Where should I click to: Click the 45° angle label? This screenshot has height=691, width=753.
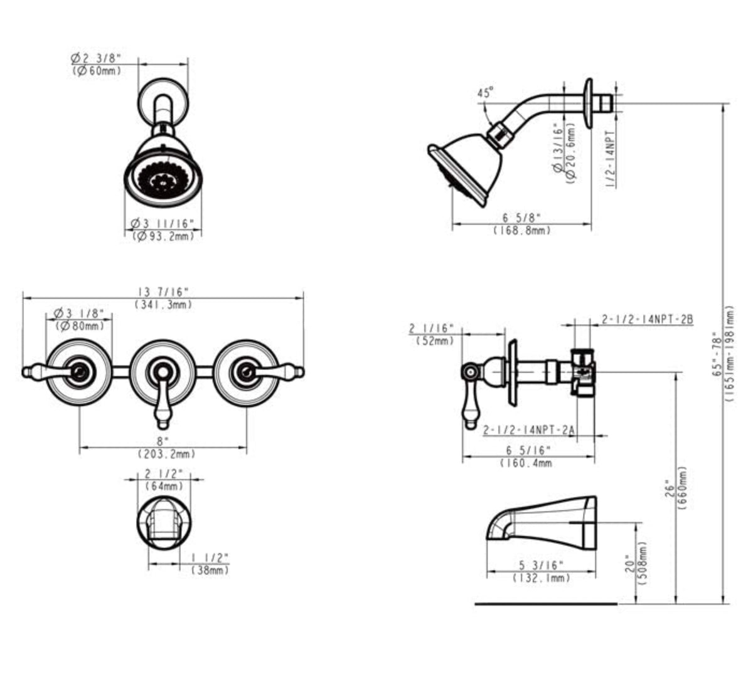tap(485, 93)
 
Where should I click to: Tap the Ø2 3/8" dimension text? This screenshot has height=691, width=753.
tap(95, 58)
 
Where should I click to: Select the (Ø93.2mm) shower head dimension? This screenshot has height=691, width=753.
tap(163, 235)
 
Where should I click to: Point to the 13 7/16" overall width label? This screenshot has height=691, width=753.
tap(163, 292)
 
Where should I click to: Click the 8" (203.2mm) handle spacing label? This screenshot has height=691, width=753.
tap(163, 447)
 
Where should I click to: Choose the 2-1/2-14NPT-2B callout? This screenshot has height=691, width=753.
tap(647, 319)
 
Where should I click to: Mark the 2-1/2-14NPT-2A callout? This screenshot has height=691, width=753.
tap(529, 430)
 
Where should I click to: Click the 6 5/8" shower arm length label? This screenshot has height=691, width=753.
tap(521, 218)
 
